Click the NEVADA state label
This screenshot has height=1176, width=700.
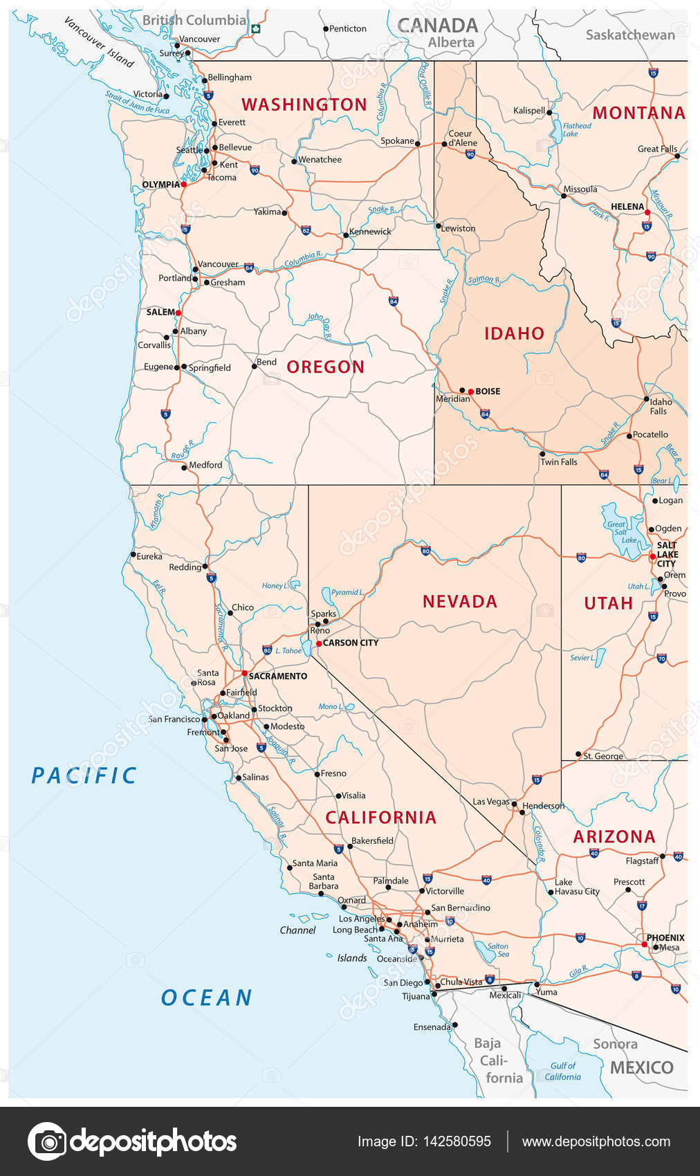pos(460,602)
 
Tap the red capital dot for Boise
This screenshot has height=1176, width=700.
pos(470,392)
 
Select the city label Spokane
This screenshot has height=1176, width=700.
pos(397,141)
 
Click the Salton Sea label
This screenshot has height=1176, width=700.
pos(498,950)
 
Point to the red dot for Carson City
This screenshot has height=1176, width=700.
pos(318,643)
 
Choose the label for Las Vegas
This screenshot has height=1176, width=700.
pos(490,802)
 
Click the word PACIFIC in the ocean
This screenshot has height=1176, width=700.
pos(84,775)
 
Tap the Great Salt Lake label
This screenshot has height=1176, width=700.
pos(616,532)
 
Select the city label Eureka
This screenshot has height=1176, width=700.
pos(149,556)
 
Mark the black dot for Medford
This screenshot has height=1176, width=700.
pos(184,468)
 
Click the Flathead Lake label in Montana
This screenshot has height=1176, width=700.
pos(577,129)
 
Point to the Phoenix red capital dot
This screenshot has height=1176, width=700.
pos(644,944)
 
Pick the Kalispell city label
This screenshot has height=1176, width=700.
pos(529,111)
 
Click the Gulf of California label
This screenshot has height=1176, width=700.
pos(562,1072)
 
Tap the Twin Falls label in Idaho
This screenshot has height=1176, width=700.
pos(558,462)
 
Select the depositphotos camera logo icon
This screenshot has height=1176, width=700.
pos(47,1141)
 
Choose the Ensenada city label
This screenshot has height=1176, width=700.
pos(432,1027)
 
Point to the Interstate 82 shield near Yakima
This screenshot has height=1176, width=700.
pos(306,230)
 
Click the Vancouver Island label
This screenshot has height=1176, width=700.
pos(98,42)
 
